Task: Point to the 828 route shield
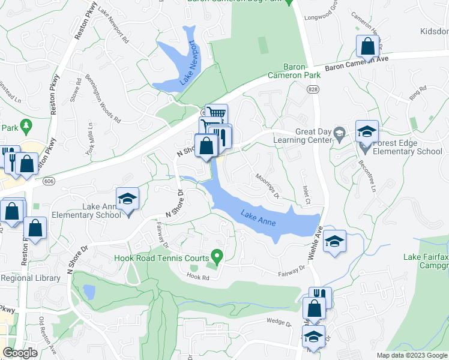click(x=314, y=89)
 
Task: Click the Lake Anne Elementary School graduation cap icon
click(x=127, y=199)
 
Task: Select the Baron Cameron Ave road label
click(x=357, y=62)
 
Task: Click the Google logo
click(x=20, y=353)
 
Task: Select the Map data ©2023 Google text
click(x=411, y=355)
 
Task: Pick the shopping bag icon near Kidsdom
click(x=366, y=46)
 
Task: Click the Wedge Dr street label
click(x=280, y=323)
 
